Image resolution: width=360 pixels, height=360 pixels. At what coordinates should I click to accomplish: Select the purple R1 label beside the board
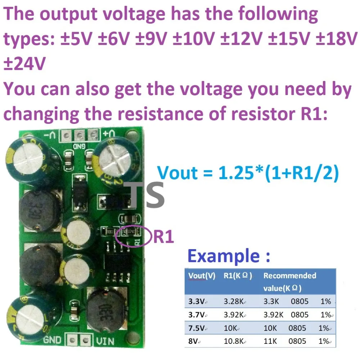pos(164,237)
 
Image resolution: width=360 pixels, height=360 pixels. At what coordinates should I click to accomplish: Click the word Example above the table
pos(223,256)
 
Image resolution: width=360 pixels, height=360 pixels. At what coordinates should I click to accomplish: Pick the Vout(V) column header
pos(202,276)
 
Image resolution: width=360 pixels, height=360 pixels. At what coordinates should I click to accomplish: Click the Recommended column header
pos(290,276)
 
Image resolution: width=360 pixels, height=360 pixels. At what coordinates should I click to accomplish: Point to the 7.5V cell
pos(196,328)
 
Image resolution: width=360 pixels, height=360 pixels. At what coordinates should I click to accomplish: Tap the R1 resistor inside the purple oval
pos(130,232)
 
